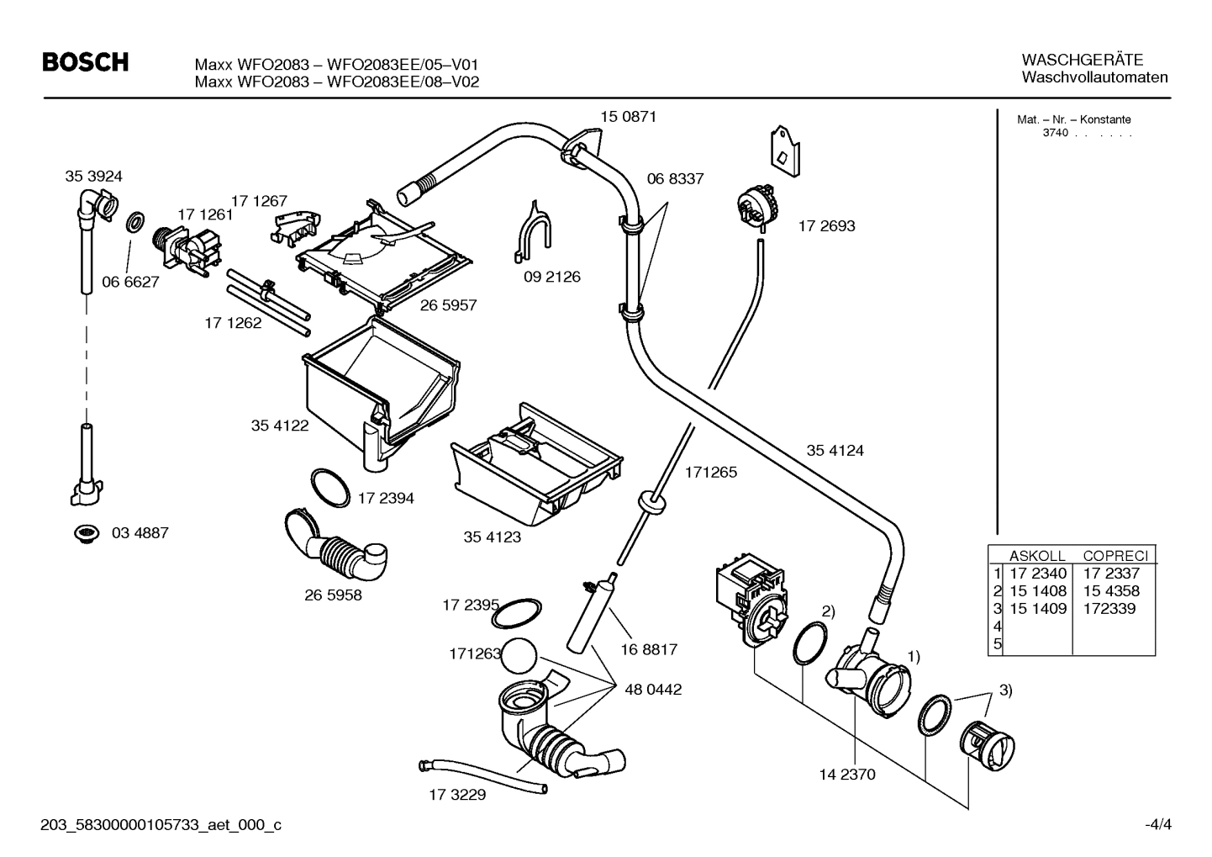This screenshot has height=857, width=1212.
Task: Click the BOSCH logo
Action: [x=85, y=62]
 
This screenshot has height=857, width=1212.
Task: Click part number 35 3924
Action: [x=93, y=176]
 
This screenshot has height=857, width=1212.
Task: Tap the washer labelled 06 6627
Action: [x=134, y=224]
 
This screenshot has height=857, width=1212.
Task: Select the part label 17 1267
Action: [x=259, y=201]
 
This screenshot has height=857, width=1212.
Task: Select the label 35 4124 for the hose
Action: [x=835, y=450]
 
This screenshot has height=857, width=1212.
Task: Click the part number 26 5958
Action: [x=333, y=595]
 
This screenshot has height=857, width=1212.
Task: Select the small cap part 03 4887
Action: [x=84, y=533]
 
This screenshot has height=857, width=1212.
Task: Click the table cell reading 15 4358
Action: [x=1111, y=591]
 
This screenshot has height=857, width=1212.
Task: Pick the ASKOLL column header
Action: [x=1036, y=556]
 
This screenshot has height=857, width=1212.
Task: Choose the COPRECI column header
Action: [x=1115, y=556]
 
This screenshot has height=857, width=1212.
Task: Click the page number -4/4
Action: [x=1157, y=824]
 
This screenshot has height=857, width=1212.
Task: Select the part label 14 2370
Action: [x=846, y=774]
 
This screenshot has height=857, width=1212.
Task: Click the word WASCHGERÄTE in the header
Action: [x=1082, y=60]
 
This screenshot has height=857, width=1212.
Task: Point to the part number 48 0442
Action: [x=653, y=690]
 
